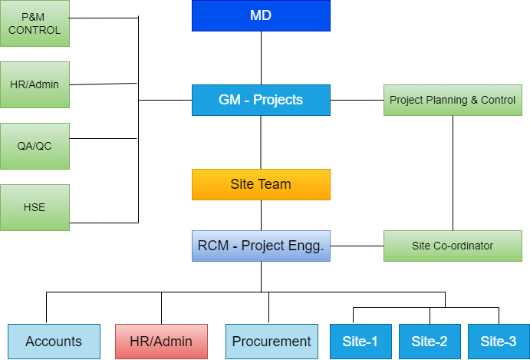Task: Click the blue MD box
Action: pos(261,15)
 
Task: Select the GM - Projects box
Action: pos(261,100)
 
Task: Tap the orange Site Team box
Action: pos(261,184)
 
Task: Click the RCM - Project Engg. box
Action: pos(261,246)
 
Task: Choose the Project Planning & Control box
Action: pos(453,100)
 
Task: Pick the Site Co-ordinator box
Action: pos(453,246)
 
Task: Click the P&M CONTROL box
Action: pos(35,23)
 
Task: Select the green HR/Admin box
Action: pos(35,84)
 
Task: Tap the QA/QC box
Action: pos(35,146)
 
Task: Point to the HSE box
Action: pos(35,207)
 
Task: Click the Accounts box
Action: pos(54,342)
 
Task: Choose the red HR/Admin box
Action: pos(161,342)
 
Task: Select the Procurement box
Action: pos(272,342)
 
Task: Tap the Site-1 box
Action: pos(360,342)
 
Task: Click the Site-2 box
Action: pos(430,342)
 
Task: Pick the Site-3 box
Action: pos(498,342)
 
